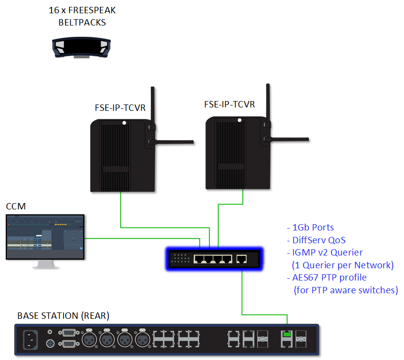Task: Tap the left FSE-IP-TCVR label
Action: (x=120, y=108)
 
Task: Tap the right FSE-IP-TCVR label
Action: (x=229, y=104)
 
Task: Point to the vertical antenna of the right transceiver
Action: (x=268, y=105)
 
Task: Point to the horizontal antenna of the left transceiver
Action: (x=172, y=142)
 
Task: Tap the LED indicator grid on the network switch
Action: (x=179, y=259)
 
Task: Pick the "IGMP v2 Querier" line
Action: (x=324, y=253)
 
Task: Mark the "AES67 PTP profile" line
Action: (x=326, y=278)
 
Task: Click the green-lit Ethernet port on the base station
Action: (x=286, y=335)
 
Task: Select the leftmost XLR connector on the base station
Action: (x=90, y=339)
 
